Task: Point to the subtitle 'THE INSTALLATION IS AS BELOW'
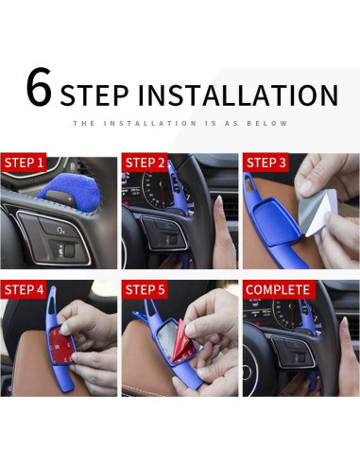click(180, 123)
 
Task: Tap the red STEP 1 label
click(26, 164)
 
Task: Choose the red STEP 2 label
click(146, 164)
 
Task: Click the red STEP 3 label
click(267, 164)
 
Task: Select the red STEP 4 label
click(26, 289)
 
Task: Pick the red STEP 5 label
click(146, 289)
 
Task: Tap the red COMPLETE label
click(278, 289)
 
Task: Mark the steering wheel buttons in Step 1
click(52, 236)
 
